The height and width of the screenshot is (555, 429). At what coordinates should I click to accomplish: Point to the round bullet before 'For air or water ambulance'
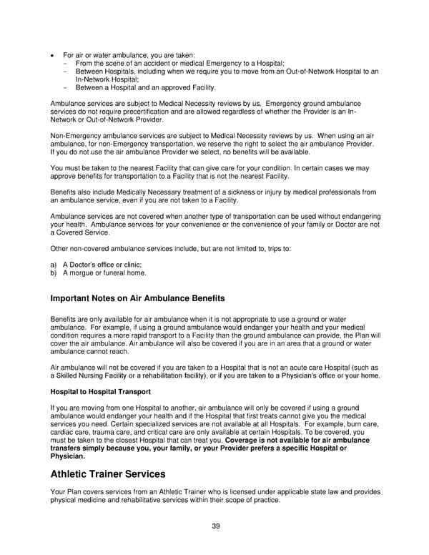click(53, 56)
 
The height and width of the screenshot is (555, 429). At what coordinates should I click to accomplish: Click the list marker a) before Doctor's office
click(54, 265)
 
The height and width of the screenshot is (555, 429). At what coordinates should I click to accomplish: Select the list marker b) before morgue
click(54, 272)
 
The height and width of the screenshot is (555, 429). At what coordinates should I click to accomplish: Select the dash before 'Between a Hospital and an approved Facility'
click(65, 87)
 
